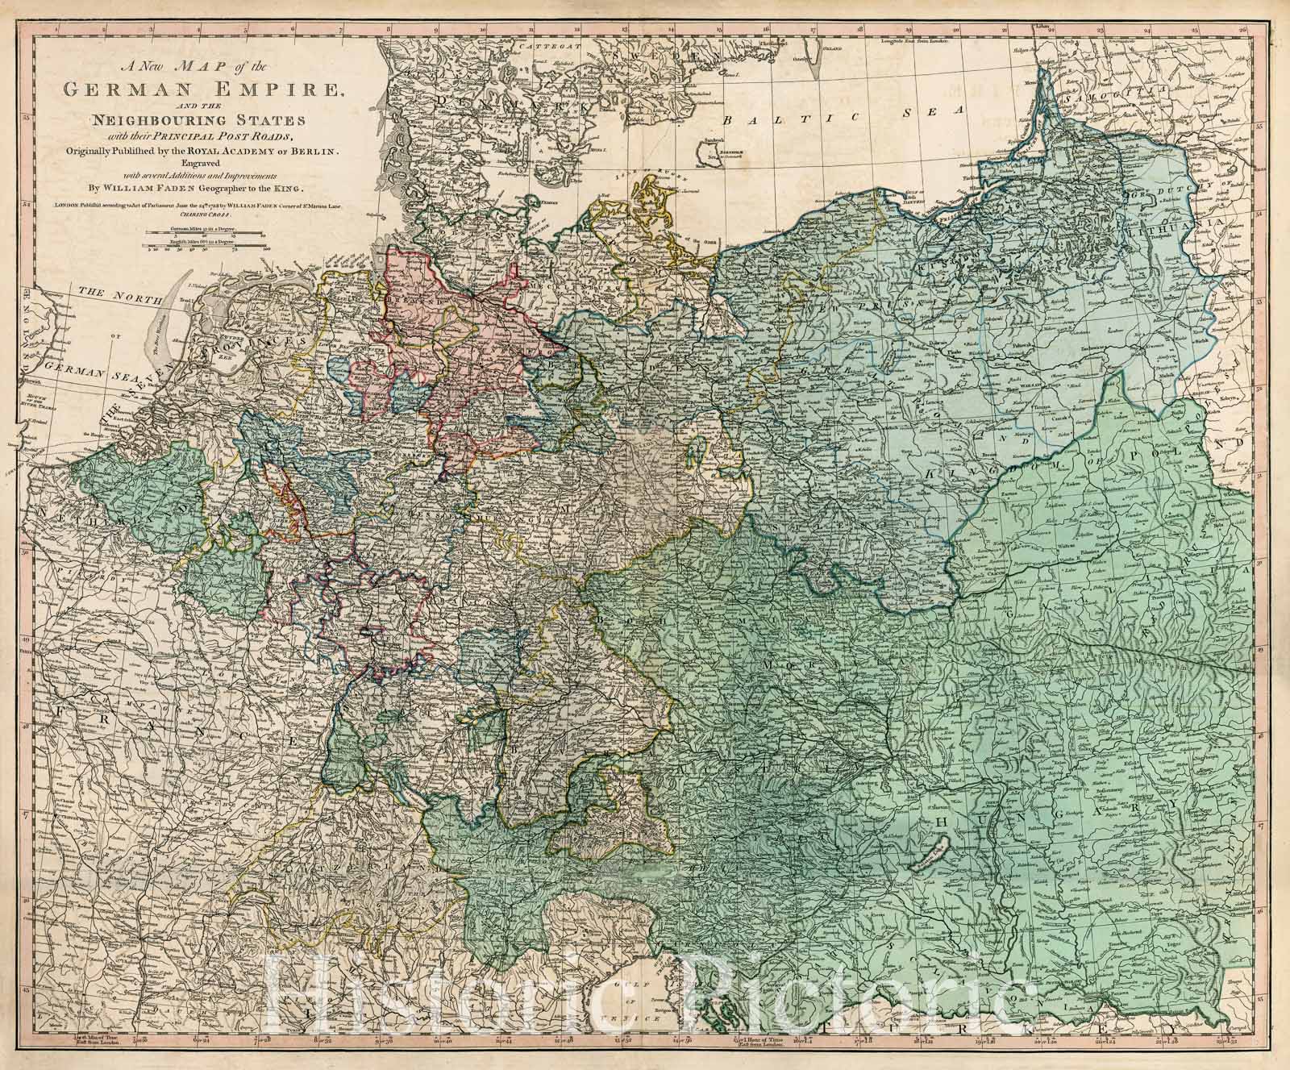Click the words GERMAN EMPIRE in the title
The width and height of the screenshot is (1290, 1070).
point(202,90)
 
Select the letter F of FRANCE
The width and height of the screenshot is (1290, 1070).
point(62,711)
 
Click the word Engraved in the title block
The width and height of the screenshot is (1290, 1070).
point(202,162)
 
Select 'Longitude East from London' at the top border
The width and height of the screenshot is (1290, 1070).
point(911,40)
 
